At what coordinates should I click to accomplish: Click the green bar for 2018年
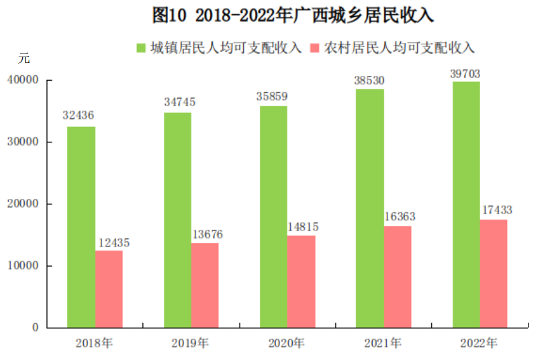tap(81, 227)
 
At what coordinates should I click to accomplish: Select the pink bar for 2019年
tap(205, 285)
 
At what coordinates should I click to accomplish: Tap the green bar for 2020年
tap(273, 216)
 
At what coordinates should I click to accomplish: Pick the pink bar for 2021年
tap(398, 277)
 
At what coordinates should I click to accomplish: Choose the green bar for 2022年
tap(466, 204)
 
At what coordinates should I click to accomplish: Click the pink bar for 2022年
tap(494, 273)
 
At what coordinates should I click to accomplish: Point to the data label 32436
tap(79, 116)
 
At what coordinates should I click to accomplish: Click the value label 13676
tap(206, 234)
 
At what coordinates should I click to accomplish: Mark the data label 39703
tap(465, 73)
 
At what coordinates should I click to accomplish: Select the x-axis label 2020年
tap(286, 343)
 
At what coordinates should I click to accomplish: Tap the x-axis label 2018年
tap(94, 343)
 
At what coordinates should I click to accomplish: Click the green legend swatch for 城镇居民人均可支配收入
tap(141, 48)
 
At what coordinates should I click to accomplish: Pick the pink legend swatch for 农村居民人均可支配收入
tap(315, 48)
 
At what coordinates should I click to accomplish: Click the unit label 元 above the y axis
tap(24, 58)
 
